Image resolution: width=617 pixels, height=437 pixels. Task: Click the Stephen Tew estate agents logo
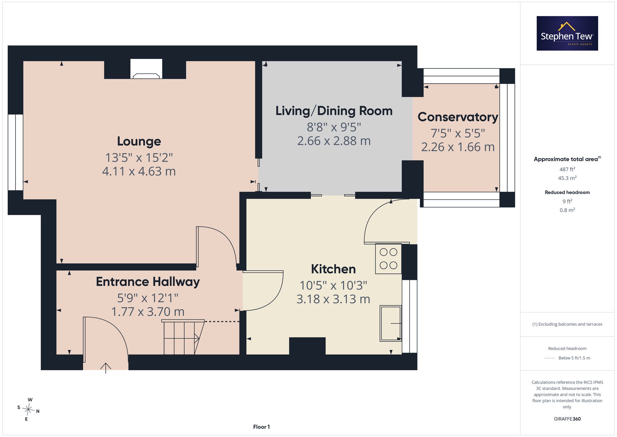pos(567,33)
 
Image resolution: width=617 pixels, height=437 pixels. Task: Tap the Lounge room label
pos(139,141)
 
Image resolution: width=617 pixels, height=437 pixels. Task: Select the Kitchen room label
pos(333,269)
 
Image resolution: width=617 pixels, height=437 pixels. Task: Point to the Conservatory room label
pos(458,117)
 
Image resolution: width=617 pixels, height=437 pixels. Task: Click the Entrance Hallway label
pos(148,282)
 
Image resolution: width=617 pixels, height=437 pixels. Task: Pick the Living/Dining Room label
pos(334,111)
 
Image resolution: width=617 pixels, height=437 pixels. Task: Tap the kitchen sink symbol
pos(391,323)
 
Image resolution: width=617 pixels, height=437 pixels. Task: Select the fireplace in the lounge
pos(146,69)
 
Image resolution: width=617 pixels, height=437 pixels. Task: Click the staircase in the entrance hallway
pos(183,337)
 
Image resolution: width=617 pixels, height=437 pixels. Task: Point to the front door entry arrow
pos(106,368)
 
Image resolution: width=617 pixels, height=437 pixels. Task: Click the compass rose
pos(28,410)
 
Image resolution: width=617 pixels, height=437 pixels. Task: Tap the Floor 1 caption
pos(261,427)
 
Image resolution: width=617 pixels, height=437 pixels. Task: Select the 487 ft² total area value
pos(567,169)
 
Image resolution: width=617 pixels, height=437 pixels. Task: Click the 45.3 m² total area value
pos(567,178)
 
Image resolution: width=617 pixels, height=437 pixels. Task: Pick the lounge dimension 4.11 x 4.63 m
pos(139,171)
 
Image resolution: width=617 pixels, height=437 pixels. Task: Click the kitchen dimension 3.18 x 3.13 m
pos(333,299)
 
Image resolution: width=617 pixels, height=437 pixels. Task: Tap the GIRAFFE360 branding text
pos(567,419)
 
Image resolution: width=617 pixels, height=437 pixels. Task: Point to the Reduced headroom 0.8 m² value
pos(567,210)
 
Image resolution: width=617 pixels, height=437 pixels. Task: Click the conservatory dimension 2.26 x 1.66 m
pos(458,147)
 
